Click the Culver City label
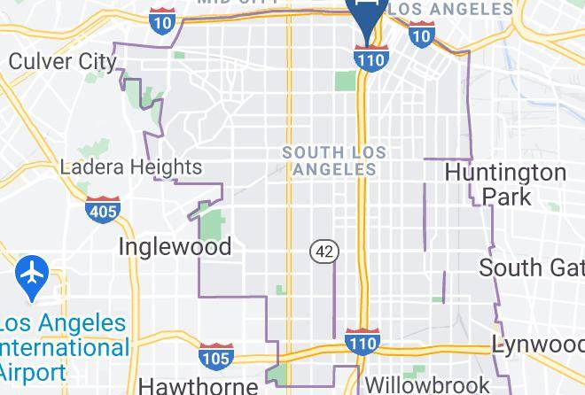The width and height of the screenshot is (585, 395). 62,61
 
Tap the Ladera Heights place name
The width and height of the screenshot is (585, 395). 130,167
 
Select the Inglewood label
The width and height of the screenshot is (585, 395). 175,245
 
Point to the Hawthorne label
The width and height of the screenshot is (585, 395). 199,385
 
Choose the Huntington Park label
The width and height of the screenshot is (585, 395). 505,183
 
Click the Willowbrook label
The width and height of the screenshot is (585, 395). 427,385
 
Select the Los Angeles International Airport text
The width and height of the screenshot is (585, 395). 62,346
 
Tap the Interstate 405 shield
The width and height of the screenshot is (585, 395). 103,210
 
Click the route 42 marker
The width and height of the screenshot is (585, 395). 324,252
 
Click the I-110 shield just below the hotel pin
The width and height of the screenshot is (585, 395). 368,57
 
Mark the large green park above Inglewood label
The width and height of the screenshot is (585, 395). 212,221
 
